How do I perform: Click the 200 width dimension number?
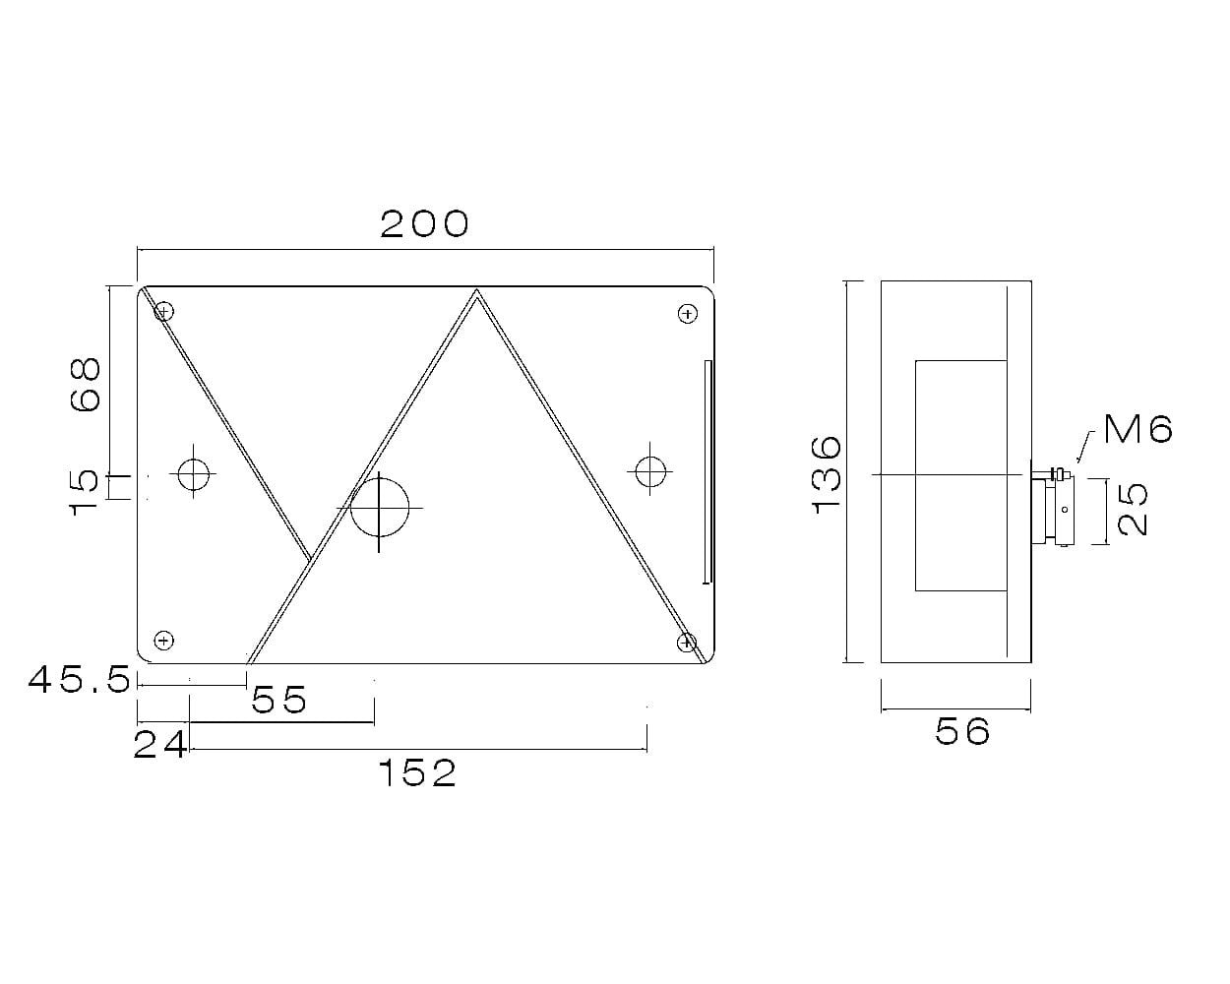424,224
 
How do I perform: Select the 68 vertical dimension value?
86,384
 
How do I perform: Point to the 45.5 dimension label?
80,680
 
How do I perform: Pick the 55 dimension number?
278,699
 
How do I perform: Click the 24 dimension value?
160,745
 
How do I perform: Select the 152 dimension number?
418,773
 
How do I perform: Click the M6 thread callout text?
1138,429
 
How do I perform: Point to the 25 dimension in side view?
1133,510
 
